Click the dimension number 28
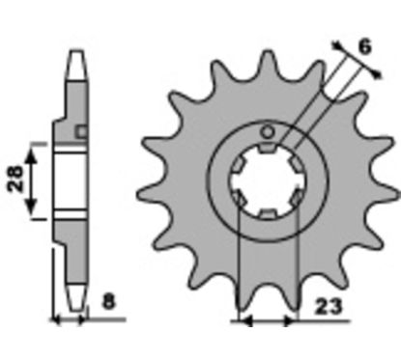click(x=15, y=179)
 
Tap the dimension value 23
click(x=328, y=307)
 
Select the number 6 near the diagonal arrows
click(x=364, y=47)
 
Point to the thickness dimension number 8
click(x=108, y=302)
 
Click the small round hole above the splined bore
click(x=267, y=131)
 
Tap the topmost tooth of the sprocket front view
click(x=267, y=61)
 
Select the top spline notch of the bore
click(x=267, y=148)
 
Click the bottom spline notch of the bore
click(x=267, y=213)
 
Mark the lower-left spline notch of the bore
click(x=239, y=198)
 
